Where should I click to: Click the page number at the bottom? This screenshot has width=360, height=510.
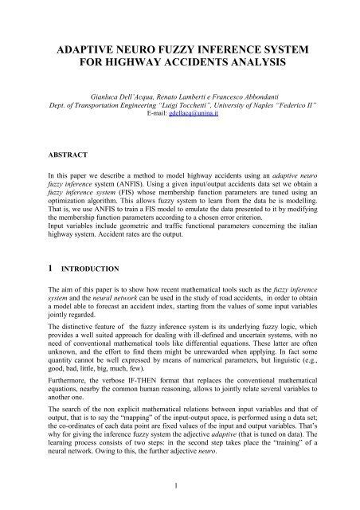coord(180,482)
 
